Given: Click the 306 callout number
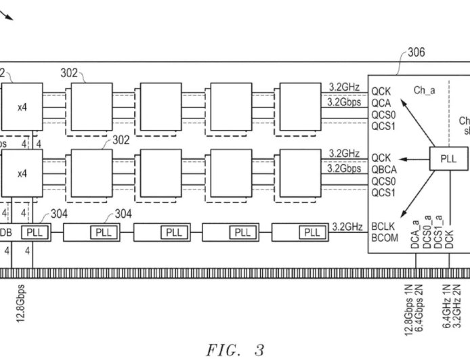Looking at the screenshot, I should point(416,52).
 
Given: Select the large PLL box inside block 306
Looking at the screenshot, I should point(448,160).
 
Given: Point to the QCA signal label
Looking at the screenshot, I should point(381,103).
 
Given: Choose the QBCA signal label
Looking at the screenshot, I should point(383,169).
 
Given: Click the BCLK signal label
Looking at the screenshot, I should point(383,227).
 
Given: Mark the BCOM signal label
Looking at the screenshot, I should point(383,238).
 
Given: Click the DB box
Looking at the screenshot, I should point(6,233).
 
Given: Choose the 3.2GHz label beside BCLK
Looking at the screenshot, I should point(348,227).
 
